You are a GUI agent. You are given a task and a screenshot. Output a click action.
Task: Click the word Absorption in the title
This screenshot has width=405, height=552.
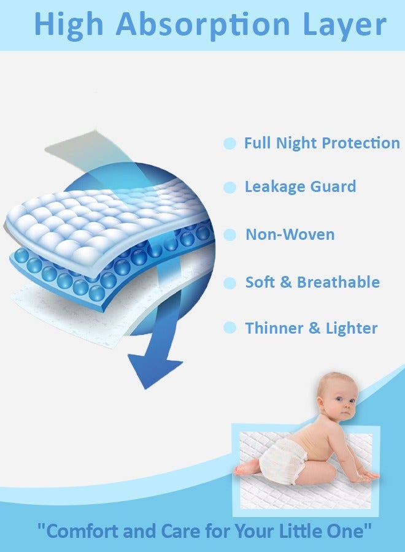202,25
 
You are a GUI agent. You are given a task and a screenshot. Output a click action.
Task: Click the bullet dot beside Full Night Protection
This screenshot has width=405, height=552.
229,144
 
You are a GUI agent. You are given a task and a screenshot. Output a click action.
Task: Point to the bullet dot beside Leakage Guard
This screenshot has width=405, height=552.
229,187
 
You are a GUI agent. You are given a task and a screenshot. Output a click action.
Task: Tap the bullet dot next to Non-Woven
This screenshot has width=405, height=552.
229,235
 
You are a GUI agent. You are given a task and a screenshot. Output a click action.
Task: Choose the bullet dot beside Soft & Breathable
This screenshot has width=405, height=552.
229,283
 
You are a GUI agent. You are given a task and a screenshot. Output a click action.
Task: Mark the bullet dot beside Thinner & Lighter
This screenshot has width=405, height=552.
229,328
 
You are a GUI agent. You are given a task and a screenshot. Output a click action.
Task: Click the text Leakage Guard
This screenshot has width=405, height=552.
300,186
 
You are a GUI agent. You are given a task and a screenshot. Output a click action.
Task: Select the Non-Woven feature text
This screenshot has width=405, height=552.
290,234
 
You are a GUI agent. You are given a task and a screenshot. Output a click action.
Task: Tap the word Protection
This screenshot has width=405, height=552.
361,143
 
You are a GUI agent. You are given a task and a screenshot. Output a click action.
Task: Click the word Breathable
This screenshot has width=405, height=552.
338,282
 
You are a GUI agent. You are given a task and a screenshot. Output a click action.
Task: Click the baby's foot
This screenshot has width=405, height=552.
242,469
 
